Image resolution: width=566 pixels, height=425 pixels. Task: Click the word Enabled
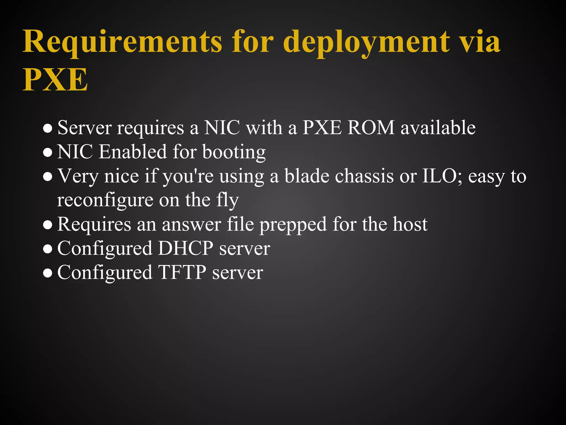[133, 152]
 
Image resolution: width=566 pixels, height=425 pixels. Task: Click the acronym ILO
[442, 176]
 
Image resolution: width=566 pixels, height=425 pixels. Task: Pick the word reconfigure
[105, 200]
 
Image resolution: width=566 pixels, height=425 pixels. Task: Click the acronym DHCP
[185, 248]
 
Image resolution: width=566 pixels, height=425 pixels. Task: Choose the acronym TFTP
[182, 272]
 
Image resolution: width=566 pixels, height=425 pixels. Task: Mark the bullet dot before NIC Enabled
[48, 153]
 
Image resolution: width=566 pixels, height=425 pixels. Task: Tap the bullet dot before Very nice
[48, 177]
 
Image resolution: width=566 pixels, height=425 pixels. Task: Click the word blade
[306, 176]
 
